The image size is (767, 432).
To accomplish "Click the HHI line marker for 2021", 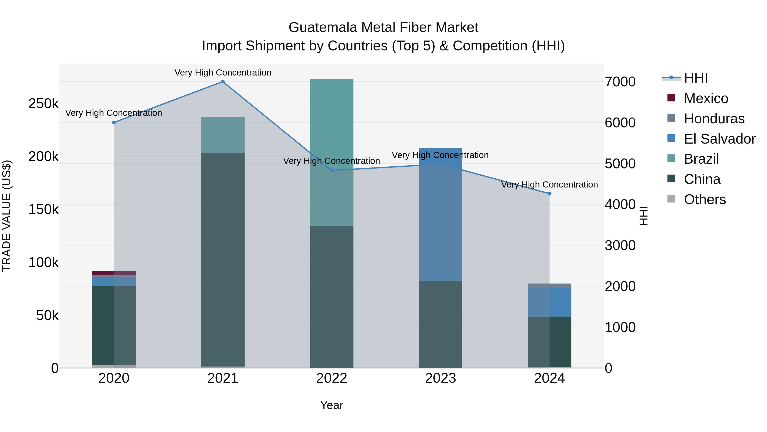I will (x=223, y=82).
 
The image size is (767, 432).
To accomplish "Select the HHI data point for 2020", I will (x=114, y=122).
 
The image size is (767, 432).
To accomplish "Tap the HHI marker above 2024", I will (x=549, y=194).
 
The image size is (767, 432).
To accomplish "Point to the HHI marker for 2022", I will (x=332, y=170).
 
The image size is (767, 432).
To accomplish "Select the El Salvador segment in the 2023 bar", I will (x=440, y=215).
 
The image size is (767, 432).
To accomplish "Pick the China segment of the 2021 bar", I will (x=223, y=259).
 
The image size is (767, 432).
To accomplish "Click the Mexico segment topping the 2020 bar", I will (x=114, y=273).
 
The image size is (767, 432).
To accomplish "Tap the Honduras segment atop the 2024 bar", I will (x=549, y=286).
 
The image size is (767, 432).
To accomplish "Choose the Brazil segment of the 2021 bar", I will (x=223, y=135).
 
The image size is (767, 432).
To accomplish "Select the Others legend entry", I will (x=705, y=199).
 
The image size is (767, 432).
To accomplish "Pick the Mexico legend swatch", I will (x=671, y=98).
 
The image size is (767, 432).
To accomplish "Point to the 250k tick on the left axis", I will (x=43, y=104).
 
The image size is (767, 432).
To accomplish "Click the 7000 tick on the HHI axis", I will (x=620, y=82).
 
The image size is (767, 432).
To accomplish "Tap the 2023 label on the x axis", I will (x=440, y=378).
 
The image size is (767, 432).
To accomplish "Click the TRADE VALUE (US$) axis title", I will (x=7, y=216).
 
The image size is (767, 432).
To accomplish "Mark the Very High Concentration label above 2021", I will (x=223, y=73).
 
